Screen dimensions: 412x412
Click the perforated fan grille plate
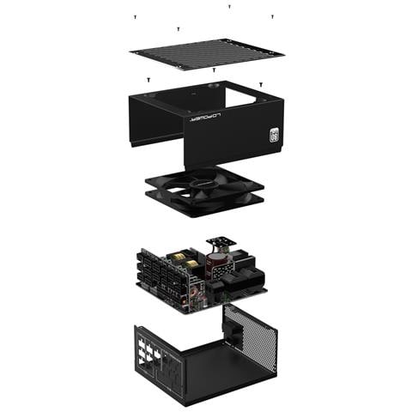[207, 55]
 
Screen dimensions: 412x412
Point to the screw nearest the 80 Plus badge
[261, 84]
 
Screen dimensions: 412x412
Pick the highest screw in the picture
[229, 6]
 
